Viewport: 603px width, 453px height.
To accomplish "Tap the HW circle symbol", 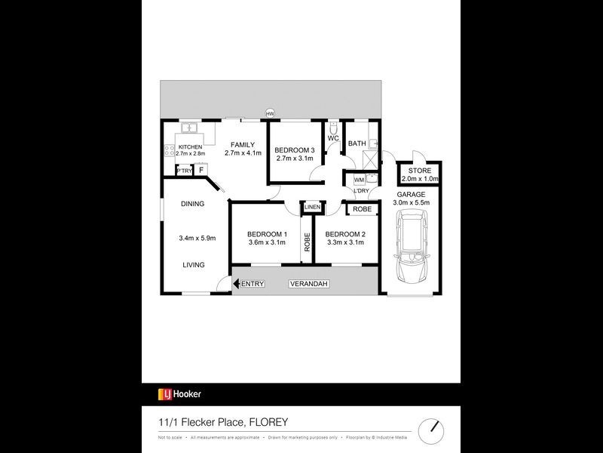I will click(269, 114).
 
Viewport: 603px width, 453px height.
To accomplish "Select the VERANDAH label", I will click(308, 284).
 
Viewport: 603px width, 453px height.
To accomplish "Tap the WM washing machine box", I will click(359, 180).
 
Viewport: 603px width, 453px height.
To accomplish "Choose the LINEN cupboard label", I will click(313, 207).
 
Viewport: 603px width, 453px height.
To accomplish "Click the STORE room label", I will click(419, 171).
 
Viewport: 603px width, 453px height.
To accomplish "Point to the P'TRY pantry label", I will click(184, 171).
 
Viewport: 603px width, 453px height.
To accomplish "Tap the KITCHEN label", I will click(191, 146).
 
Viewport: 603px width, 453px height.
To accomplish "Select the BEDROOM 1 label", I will click(267, 233).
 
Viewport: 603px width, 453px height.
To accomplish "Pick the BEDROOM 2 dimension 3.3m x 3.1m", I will click(345, 242).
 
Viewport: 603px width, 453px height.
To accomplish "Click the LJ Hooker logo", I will click(179, 393).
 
